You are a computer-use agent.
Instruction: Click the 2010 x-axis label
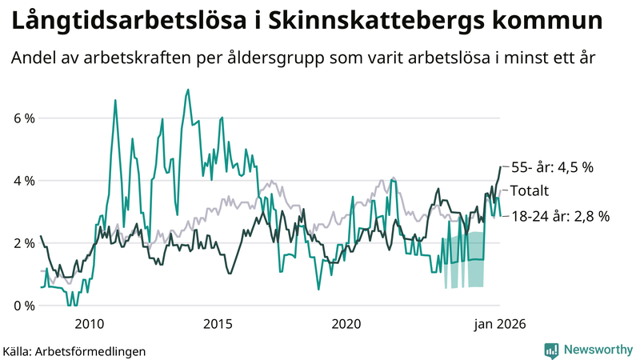pos(88,324)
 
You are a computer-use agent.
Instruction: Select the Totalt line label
pos(529,191)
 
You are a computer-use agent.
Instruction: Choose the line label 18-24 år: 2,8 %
pos(560,216)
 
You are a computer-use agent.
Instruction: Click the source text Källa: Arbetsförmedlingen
pos(74,350)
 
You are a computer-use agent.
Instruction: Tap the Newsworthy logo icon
pos(551,350)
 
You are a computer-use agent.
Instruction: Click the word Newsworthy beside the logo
pos(598,350)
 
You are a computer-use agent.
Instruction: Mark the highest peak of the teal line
pos(187,90)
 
